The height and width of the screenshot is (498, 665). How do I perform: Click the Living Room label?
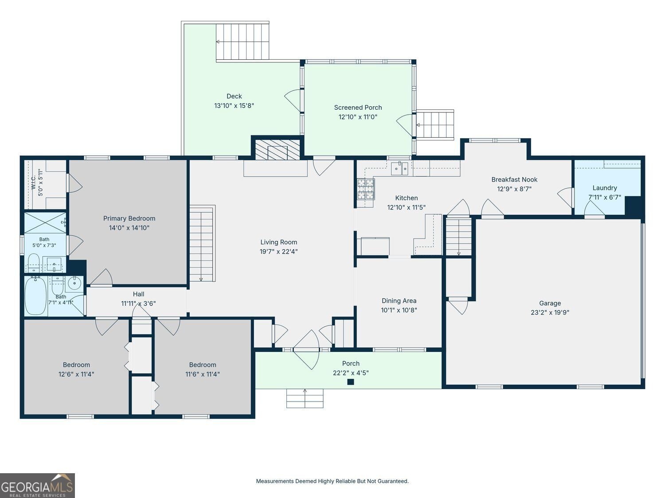coord(278,242)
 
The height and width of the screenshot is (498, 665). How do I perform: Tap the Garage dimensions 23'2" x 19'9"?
coord(550,313)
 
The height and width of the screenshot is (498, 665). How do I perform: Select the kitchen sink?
coord(399,168)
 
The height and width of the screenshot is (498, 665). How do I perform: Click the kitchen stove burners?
coord(366,189)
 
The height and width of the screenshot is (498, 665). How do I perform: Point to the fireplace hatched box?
coord(278,150)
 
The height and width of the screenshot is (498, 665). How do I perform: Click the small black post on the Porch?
coord(351,382)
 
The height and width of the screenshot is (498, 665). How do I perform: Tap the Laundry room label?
coord(605,188)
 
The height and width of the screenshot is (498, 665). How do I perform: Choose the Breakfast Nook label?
coord(514,180)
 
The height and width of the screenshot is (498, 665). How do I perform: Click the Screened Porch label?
coord(358,107)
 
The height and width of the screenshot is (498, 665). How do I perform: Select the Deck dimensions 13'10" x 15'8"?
coord(234,105)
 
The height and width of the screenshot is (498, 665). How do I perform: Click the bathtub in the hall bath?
coord(36,296)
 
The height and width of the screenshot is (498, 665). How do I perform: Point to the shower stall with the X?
coord(45,223)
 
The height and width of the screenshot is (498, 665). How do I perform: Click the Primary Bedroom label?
coord(129,218)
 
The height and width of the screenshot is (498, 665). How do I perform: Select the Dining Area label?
coord(399,301)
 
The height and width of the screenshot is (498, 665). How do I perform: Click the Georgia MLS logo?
coord(37,486)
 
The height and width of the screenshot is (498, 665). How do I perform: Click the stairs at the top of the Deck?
coord(243,42)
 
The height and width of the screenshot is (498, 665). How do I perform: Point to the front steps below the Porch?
coord(305,398)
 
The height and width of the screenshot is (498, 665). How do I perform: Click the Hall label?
coord(138,294)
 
